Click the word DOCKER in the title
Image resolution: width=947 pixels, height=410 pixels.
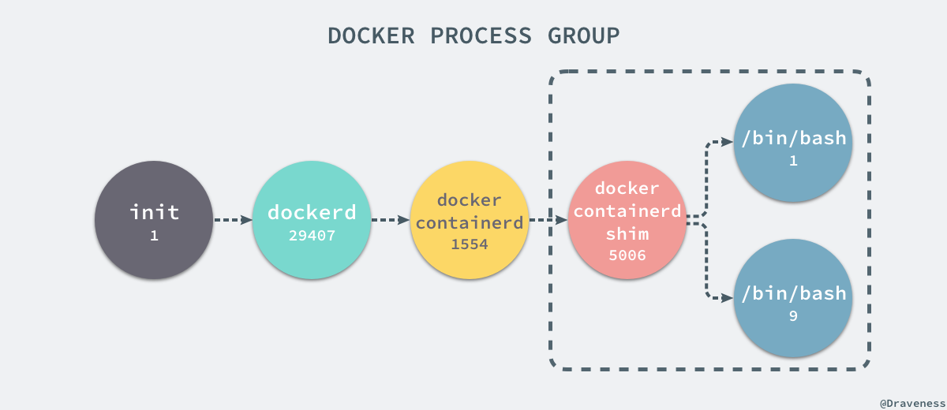(369, 36)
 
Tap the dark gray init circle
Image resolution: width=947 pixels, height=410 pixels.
(154, 220)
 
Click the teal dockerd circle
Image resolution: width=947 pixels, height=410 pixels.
(312, 220)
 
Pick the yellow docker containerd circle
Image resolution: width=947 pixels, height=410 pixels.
(470, 220)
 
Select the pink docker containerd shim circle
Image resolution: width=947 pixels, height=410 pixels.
(627, 220)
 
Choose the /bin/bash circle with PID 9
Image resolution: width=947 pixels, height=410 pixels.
(793, 298)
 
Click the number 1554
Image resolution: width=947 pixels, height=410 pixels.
(470, 244)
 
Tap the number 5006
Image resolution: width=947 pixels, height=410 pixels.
(627, 255)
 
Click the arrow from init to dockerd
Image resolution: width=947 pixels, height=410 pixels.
(233, 220)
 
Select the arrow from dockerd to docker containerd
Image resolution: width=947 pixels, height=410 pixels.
(391, 220)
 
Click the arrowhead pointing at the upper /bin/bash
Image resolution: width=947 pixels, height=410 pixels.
(727, 143)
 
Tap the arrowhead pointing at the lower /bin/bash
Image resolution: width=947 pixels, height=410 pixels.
(727, 298)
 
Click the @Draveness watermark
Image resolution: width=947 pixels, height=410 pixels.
(911, 401)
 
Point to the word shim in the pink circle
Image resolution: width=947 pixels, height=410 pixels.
(627, 234)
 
